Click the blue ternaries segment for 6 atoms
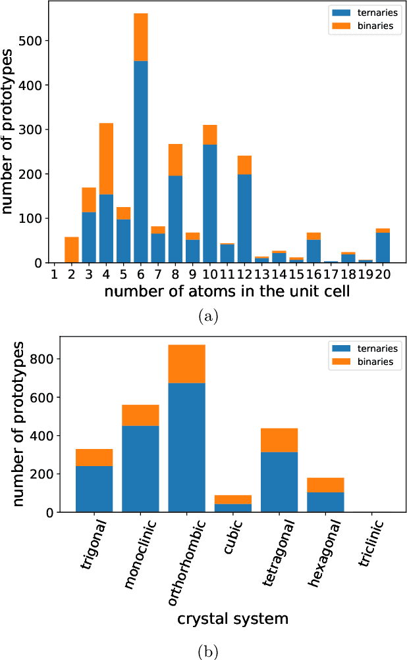tap(141, 162)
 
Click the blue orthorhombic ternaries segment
tap(186, 447)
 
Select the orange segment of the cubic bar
tap(232, 500)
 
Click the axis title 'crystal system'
tap(232, 618)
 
